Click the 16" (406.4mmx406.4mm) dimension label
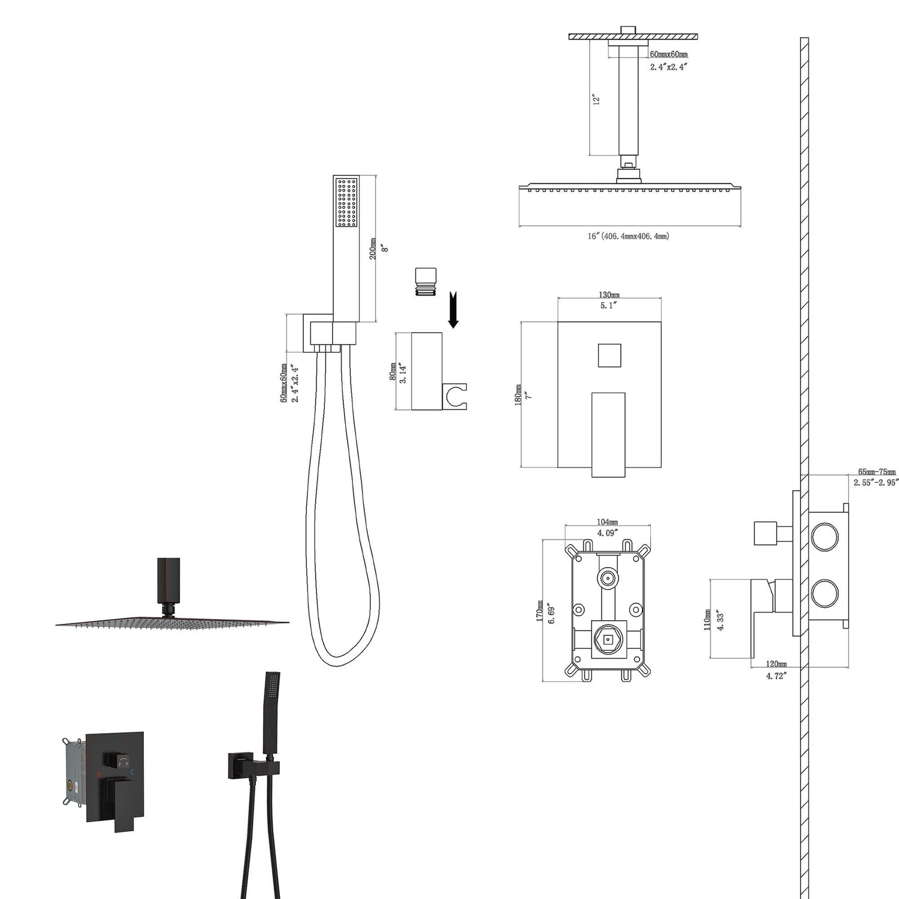click(628, 236)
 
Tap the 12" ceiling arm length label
click(596, 99)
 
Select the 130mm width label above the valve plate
click(609, 295)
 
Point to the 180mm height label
click(518, 396)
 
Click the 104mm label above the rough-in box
click(607, 523)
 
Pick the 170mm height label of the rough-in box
click(540, 611)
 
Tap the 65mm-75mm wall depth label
click(876, 472)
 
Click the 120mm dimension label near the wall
click(776, 664)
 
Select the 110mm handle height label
click(708, 620)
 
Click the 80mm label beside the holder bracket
click(393, 372)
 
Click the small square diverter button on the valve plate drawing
click(609, 355)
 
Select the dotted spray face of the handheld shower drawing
click(346, 203)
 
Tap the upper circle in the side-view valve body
click(825, 536)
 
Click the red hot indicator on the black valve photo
click(98, 774)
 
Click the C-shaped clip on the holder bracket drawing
click(455, 397)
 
